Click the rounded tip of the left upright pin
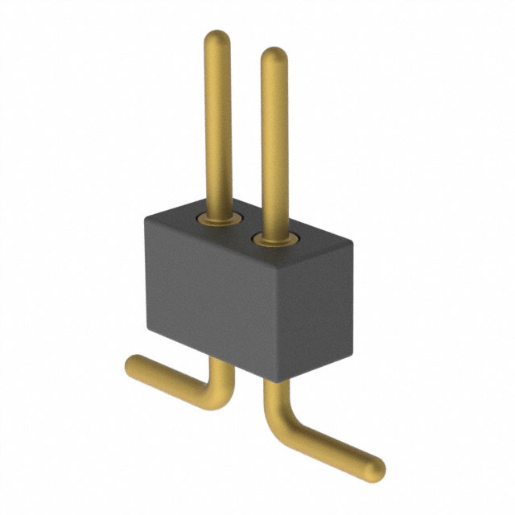pos(217,38)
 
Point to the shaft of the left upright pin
pos(218,121)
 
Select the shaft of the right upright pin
pos(274,145)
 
